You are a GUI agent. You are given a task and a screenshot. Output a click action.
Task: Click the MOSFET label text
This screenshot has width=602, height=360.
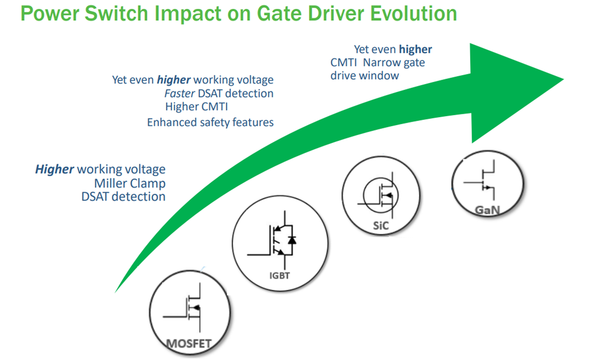click(x=189, y=343)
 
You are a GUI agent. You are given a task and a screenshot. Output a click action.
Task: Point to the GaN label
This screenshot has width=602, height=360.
click(x=487, y=210)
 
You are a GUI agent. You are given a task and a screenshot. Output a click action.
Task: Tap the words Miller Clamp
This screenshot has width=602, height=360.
click(x=129, y=183)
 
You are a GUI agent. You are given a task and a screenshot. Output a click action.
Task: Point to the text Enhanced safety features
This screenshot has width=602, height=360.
click(x=210, y=122)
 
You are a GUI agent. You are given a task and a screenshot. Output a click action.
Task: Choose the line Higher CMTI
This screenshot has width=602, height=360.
click(x=196, y=107)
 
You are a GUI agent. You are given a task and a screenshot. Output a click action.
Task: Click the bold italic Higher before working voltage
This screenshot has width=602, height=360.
click(x=54, y=169)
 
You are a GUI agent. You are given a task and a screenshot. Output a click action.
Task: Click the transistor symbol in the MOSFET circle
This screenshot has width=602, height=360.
click(x=191, y=308)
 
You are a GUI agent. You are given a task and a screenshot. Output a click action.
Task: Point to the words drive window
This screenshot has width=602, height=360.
click(x=364, y=76)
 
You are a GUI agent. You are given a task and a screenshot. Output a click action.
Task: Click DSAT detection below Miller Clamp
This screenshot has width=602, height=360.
click(x=123, y=196)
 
